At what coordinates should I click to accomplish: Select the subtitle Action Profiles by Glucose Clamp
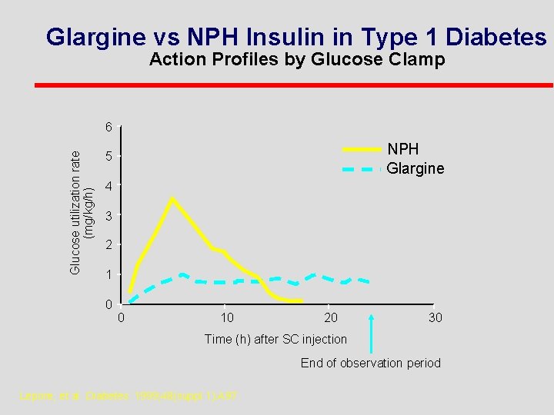(x=297, y=60)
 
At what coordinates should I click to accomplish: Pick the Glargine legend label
(x=415, y=168)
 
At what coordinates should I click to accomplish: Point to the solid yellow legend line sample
(x=361, y=149)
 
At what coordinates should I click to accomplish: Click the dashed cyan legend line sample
(x=361, y=168)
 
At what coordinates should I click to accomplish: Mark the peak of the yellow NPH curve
(x=172, y=198)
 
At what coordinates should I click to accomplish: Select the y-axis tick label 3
(x=110, y=217)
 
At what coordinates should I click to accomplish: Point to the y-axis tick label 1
(x=110, y=275)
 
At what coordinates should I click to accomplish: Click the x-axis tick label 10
(x=227, y=318)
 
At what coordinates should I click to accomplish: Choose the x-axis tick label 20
(x=330, y=318)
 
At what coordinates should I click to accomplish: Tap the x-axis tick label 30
(x=435, y=318)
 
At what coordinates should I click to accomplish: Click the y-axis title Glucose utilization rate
(x=75, y=211)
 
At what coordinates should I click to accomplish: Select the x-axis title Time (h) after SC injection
(x=275, y=339)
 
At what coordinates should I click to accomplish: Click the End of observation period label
(x=370, y=363)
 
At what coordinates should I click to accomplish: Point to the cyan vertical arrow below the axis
(x=372, y=330)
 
